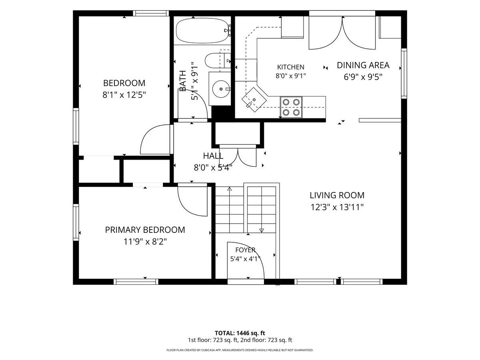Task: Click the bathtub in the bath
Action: coord(204,30)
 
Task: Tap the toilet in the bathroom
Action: coord(218,60)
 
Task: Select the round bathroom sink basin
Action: coord(221,89)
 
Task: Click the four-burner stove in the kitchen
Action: coord(291,107)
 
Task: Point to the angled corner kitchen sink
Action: coord(254,100)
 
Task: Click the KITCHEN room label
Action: coord(291,67)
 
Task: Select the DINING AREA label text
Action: coord(363,65)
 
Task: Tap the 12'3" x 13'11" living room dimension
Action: coord(337,207)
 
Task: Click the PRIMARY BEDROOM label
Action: coord(145,230)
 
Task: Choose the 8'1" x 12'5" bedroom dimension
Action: coord(124,95)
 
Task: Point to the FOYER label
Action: coord(245,250)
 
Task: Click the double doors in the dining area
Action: coord(342,33)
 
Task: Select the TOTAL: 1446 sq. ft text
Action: coord(240,333)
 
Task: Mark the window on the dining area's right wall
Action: coord(404,74)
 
